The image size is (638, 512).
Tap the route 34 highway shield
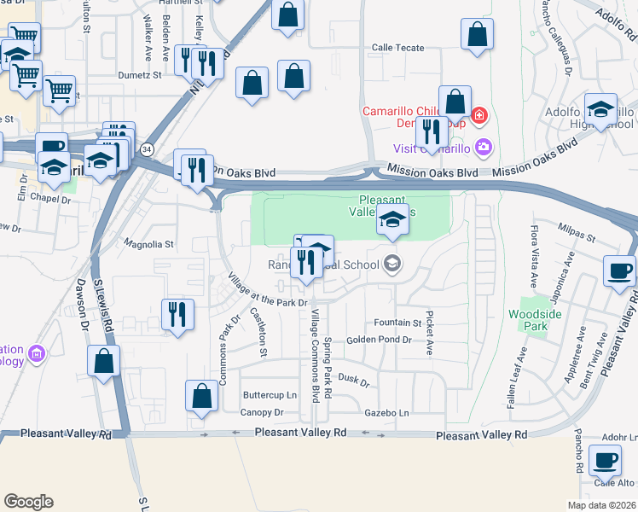point(148,149)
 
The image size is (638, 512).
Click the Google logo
point(28,502)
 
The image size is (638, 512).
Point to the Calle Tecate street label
point(396,48)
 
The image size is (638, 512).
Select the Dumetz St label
point(140,75)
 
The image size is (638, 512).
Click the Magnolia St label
point(149,244)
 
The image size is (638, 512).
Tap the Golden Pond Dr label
point(379,340)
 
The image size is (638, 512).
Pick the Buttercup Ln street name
point(270,395)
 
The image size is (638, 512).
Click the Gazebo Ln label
point(386,413)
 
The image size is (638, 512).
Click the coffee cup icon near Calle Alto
point(606,460)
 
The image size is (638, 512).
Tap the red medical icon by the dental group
point(480,114)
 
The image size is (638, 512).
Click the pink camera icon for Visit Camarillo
point(484,148)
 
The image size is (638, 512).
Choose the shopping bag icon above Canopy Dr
point(201,396)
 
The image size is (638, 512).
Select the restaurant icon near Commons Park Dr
point(177,313)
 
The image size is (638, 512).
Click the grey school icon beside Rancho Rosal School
point(392,263)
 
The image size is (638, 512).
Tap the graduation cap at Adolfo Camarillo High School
point(600,109)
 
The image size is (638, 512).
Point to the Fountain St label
point(397,323)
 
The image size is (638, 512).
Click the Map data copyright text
point(600,505)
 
